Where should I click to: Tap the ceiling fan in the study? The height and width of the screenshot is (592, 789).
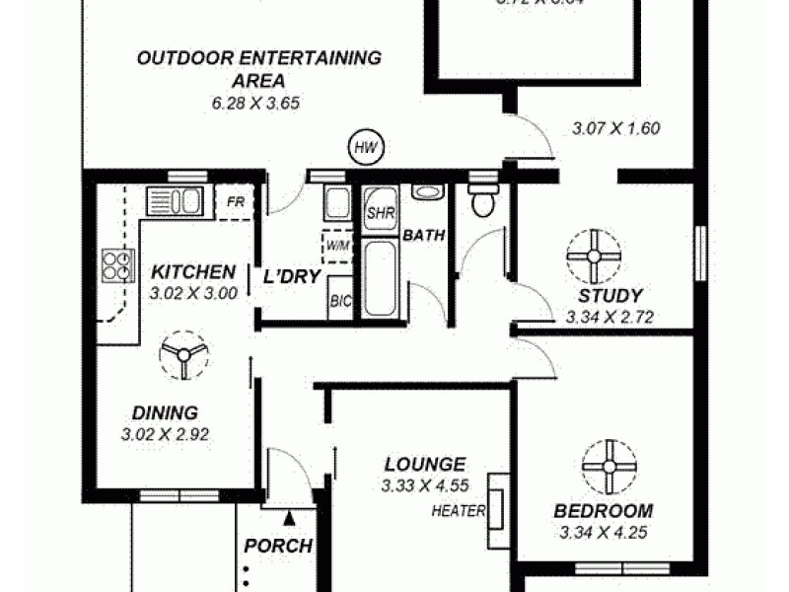595,256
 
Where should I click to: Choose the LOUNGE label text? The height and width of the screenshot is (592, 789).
424,464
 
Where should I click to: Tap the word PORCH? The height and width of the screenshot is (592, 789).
278,546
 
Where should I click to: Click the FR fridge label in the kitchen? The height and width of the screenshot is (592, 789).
236,202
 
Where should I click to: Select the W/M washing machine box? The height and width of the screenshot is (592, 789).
335,243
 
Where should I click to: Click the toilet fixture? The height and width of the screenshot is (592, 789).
482,201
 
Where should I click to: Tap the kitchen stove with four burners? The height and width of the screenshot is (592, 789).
116,265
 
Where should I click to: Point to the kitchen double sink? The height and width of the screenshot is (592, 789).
175,201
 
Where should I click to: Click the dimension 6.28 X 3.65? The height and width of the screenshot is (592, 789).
258,102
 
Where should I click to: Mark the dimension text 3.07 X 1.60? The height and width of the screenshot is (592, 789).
615,127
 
